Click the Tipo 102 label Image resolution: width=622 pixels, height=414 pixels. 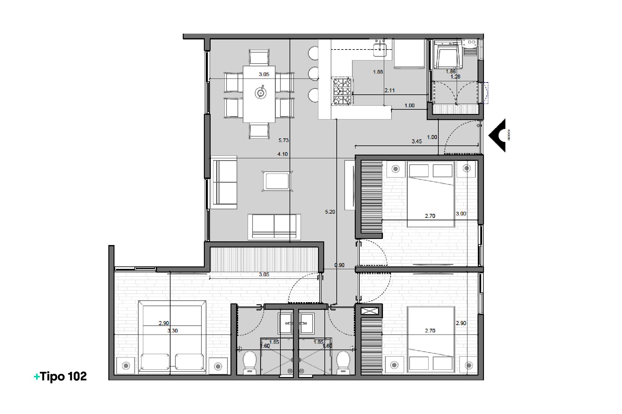pyautogui.click(x=60, y=376)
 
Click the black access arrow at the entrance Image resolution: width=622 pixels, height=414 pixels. pyautogui.click(x=497, y=135)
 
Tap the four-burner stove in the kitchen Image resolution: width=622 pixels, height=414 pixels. pyautogui.click(x=342, y=91)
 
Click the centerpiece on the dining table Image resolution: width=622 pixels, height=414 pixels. pyautogui.click(x=260, y=93)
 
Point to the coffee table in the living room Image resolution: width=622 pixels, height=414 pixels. pyautogui.click(x=277, y=181)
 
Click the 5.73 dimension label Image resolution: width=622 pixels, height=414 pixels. pyautogui.click(x=283, y=141)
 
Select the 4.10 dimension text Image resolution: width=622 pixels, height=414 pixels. pyautogui.click(x=282, y=154)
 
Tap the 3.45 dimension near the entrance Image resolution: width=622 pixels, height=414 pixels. pyautogui.click(x=417, y=141)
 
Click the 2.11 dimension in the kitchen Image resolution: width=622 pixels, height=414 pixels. pyautogui.click(x=389, y=90)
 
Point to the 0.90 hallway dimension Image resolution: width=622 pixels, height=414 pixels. pyautogui.click(x=339, y=265)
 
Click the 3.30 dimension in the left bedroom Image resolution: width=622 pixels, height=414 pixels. pyautogui.click(x=172, y=331)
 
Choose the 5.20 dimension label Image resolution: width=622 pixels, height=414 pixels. pyautogui.click(x=330, y=212)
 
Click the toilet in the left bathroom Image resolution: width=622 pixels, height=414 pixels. pyautogui.click(x=249, y=362)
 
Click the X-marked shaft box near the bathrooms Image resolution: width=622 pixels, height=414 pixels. pyautogui.click(x=370, y=311)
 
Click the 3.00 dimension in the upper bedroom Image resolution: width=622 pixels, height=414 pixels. pyautogui.click(x=461, y=214)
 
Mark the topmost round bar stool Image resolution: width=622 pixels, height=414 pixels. pyautogui.click(x=313, y=53)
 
